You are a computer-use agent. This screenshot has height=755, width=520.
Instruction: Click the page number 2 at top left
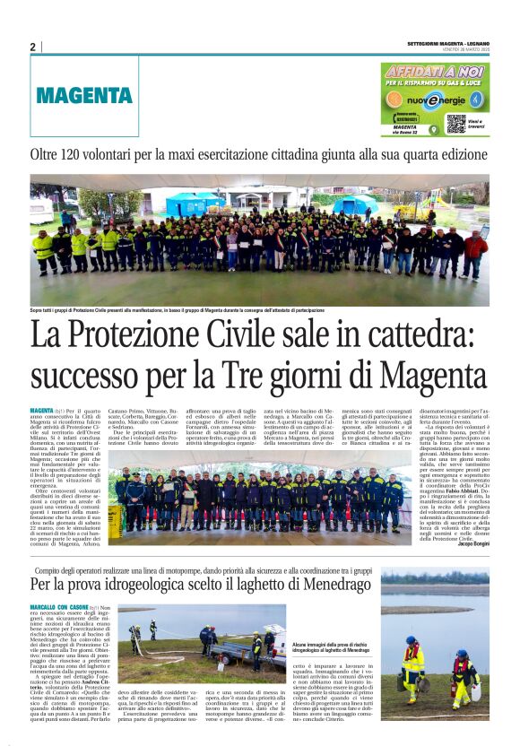[x=32, y=47]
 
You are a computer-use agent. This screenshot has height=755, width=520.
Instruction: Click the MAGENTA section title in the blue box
[x=85, y=96]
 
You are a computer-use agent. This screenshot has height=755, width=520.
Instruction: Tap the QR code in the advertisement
[x=455, y=123]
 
